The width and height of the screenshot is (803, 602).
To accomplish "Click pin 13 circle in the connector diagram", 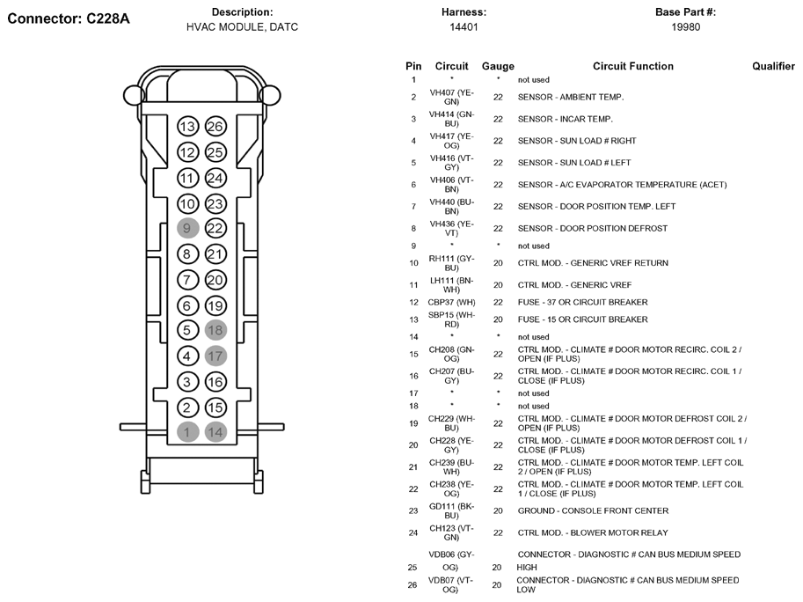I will (186, 127).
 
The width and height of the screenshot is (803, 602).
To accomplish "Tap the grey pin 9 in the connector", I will (186, 229).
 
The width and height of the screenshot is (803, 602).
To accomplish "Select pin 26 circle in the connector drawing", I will (215, 127).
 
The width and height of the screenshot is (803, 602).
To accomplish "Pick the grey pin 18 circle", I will (215, 331).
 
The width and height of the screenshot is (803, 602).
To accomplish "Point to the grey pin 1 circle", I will (186, 432).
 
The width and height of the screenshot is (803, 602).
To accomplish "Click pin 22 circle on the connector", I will (215, 229).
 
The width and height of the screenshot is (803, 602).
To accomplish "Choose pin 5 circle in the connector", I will (186, 331).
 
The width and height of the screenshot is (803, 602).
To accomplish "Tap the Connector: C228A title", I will (69, 18).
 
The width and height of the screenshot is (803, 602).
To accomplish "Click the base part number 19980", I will (685, 27).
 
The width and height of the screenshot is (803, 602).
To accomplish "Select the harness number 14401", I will (464, 27).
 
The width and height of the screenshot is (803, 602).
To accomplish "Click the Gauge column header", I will (498, 66).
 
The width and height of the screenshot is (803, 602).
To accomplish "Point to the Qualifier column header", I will (773, 66).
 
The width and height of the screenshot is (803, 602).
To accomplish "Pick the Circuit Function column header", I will (632, 66).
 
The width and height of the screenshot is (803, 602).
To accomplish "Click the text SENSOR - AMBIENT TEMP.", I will (570, 97).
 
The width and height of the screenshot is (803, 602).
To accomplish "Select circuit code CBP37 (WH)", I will (451, 303).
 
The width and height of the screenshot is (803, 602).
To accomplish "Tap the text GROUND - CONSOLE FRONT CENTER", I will (592, 510).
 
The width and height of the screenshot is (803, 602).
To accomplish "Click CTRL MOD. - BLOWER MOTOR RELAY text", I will (592, 532).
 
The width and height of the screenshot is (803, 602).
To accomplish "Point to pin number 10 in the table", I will (413, 263).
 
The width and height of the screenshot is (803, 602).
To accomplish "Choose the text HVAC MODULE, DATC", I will (242, 27).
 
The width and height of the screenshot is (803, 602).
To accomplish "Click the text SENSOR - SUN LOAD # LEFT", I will (574, 163).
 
